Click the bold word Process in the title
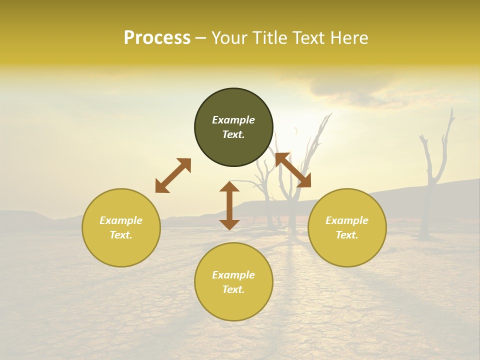157,38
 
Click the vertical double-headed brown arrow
229,205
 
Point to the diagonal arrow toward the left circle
173,175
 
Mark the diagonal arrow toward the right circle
293,170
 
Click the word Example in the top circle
233,120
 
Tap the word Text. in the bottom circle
233,289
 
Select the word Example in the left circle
121,220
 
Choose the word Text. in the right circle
347,235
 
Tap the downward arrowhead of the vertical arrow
229,224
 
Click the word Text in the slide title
307,38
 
